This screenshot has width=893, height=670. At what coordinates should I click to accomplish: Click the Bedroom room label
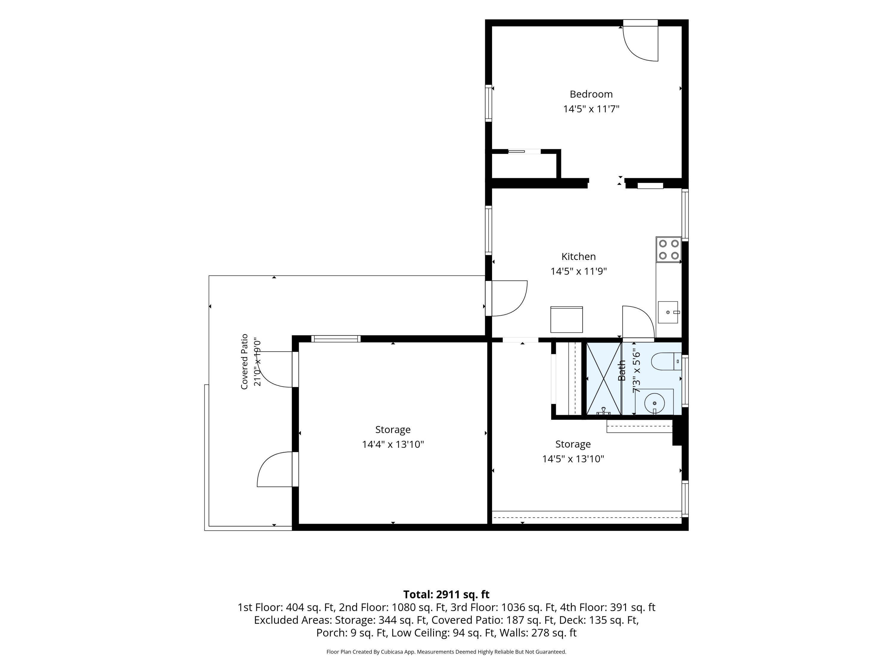click(591, 94)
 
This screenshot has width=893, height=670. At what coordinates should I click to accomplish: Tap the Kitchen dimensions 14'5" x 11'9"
click(578, 271)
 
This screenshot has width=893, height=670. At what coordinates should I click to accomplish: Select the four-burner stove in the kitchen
click(669, 250)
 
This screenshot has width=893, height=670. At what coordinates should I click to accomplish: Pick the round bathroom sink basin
click(654, 403)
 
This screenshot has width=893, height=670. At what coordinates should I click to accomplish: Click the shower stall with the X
click(604, 378)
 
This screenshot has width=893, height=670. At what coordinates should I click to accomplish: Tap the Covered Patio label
click(244, 362)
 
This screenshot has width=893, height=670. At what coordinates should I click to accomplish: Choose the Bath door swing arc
click(638, 322)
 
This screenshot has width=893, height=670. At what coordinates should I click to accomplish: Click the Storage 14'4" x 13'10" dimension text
click(393, 444)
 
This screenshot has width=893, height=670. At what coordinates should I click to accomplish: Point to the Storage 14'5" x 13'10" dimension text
click(573, 459)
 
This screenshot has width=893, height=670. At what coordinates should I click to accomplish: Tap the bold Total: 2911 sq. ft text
click(446, 594)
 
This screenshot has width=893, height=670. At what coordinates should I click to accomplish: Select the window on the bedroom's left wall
click(488, 103)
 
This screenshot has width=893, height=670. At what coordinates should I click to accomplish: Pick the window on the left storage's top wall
click(336, 339)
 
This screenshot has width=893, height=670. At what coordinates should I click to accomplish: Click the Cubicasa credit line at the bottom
click(446, 652)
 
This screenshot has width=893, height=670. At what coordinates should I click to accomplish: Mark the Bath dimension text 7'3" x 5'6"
click(636, 370)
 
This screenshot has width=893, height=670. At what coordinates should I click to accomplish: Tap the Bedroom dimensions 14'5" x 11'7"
click(591, 109)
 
